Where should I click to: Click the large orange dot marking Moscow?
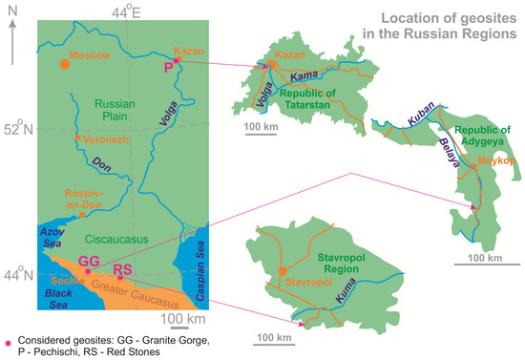point(64,64)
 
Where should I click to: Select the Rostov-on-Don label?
point(92,198)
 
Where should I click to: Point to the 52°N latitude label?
point(16,129)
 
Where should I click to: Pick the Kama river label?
point(304,76)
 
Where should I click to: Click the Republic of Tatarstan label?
point(314,99)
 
